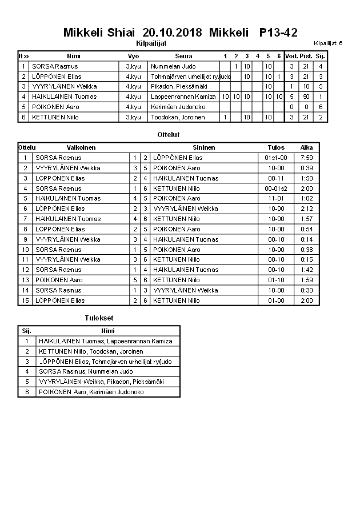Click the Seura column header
[183, 56]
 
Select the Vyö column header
[133, 56]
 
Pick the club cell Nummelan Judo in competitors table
[173, 66]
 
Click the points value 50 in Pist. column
[306, 97]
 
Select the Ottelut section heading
[168, 135]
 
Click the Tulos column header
[276, 147]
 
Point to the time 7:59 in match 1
[306, 158]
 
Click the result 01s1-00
[276, 158]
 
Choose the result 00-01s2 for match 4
[276, 189]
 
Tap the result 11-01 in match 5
[276, 198]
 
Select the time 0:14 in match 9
[306, 239]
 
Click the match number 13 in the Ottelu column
[25, 280]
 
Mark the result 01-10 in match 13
[276, 280]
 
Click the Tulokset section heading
[98, 318]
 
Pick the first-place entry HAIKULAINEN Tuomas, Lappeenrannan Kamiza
[105, 341]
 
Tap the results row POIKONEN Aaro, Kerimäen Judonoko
[91, 392]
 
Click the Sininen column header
[203, 147]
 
